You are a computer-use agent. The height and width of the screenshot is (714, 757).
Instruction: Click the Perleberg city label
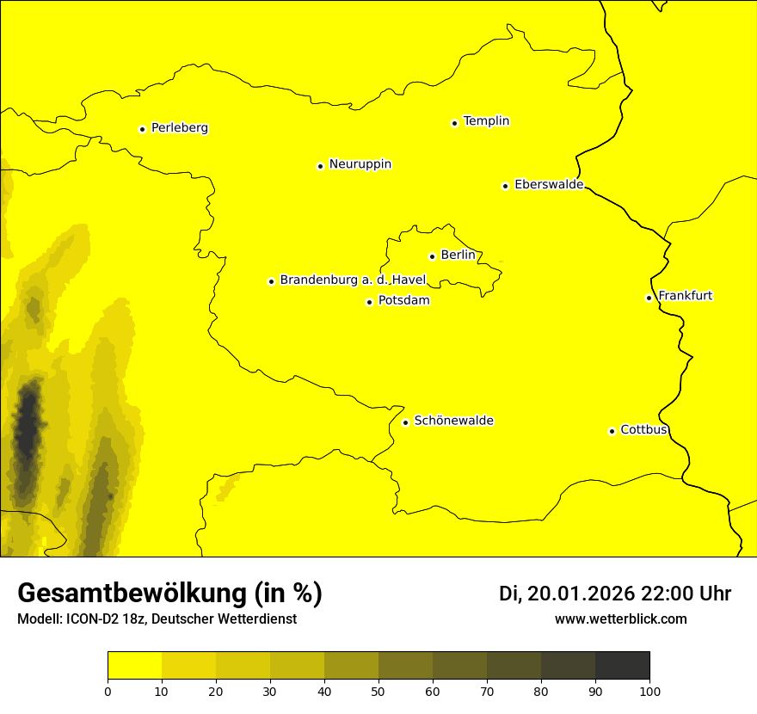point(179,128)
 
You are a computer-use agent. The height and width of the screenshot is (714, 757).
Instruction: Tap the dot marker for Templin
point(454,123)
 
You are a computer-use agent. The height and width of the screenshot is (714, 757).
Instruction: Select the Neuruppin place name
point(360,164)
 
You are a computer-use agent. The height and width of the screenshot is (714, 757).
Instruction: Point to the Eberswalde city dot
point(505,186)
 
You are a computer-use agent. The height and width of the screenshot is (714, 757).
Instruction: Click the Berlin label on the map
point(458,255)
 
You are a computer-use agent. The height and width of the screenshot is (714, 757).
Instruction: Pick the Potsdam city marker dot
point(369,302)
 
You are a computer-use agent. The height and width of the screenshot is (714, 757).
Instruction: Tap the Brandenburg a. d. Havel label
point(353,280)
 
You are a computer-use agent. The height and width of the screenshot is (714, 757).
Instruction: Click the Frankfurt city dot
point(649,298)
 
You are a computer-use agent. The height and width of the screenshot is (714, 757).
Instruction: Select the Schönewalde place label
point(453,421)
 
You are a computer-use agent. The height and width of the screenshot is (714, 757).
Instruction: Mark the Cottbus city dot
point(612,431)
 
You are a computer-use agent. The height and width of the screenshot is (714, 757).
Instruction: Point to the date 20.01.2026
point(581,594)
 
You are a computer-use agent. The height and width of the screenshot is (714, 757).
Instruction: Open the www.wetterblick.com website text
point(620,619)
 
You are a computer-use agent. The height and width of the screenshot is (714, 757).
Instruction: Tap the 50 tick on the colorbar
point(378,691)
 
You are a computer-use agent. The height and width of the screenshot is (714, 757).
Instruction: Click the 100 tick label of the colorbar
point(649,691)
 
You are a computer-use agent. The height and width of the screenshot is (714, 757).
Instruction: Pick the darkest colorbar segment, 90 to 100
point(622,665)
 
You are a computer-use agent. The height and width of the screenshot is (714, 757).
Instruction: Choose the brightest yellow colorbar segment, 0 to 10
point(134,665)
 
